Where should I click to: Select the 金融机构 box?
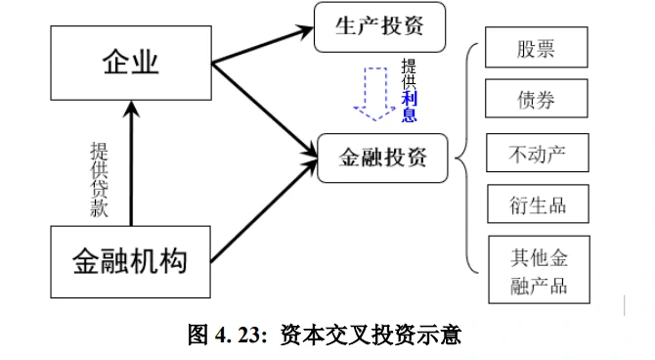click(130, 261)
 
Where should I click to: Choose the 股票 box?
click(537, 47)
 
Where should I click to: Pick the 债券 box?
click(537, 100)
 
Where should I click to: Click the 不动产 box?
click(537, 154)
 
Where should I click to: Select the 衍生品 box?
click(537, 205)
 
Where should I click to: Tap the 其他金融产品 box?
click(538, 271)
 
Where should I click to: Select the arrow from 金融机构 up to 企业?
click(130, 166)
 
